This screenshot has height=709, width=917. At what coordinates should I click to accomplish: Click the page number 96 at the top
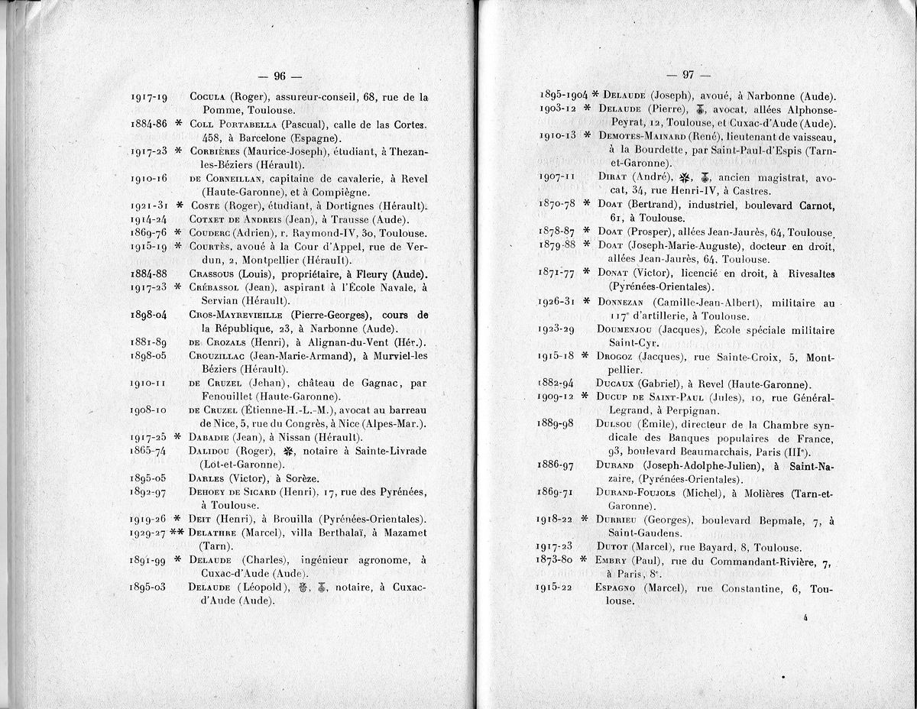pos(280,76)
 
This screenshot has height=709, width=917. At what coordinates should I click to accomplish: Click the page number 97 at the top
pos(688,75)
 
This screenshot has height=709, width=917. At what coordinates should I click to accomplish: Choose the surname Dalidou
pos(210,451)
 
